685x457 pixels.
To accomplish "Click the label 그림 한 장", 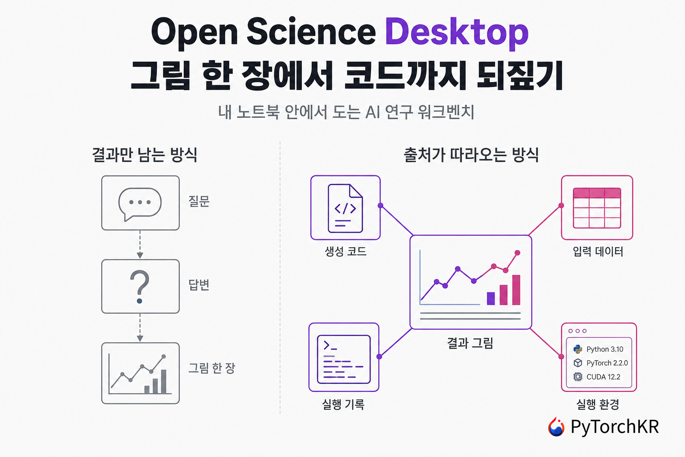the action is click(212, 368).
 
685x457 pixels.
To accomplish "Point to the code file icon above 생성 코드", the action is click(345, 208).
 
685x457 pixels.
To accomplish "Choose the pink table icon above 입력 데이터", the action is click(597, 208).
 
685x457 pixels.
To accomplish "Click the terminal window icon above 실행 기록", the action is click(344, 359).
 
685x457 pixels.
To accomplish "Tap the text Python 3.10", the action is click(605, 349).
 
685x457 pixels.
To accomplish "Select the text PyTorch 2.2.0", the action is click(607, 363).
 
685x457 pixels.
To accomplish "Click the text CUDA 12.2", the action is click(603, 377).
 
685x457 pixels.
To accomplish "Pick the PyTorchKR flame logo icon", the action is click(556, 427).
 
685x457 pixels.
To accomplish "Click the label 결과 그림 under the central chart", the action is click(470, 343).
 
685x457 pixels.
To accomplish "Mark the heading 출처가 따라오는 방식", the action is click(471, 155).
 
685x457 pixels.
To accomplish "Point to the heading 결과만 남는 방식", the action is click(144, 154).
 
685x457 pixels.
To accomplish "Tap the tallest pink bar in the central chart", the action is click(516, 290).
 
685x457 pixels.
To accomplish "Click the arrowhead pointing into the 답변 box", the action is click(140, 256).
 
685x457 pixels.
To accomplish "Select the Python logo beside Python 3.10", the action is click(578, 349).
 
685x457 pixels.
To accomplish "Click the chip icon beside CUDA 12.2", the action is click(578, 377).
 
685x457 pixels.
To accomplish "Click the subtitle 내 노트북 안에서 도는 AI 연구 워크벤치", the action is click(346, 112).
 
